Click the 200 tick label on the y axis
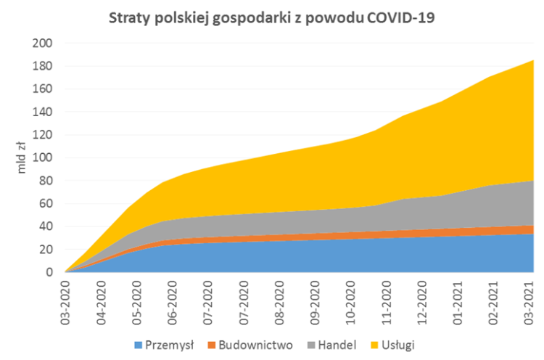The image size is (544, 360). pyautogui.click(x=44, y=44)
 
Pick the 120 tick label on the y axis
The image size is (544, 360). pyautogui.click(x=44, y=135)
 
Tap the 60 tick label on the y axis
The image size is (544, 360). pyautogui.click(x=46, y=204)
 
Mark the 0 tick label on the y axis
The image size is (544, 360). pyautogui.click(x=49, y=272)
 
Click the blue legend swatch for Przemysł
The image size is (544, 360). pyautogui.click(x=139, y=344)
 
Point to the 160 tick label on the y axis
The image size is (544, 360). pyautogui.click(x=44, y=89)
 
